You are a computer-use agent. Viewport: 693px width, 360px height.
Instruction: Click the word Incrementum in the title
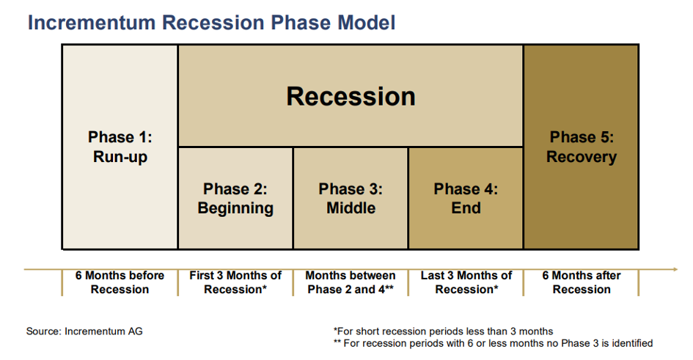click(x=92, y=23)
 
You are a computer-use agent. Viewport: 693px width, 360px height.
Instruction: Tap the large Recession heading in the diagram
click(x=351, y=96)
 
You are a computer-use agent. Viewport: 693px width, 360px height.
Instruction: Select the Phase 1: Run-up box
click(x=120, y=147)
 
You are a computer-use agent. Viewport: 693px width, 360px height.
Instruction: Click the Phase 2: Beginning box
click(x=235, y=199)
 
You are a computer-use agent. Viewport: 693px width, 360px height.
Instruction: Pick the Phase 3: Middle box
click(x=351, y=199)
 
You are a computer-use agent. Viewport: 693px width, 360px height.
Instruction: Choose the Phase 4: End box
click(x=466, y=199)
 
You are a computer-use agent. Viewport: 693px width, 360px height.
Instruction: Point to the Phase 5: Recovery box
click(x=582, y=147)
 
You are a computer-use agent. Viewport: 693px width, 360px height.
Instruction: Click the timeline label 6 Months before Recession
click(x=120, y=282)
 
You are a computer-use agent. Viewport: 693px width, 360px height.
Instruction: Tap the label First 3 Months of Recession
click(x=235, y=282)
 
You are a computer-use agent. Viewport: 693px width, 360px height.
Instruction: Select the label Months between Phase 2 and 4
click(x=351, y=282)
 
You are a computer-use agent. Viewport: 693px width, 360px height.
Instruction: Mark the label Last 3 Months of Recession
click(x=466, y=282)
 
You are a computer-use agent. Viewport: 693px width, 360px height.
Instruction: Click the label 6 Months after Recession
click(x=582, y=282)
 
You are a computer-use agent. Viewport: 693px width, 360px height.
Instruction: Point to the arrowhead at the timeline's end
click(x=675, y=269)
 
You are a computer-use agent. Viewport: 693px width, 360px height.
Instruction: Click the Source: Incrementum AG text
click(x=84, y=331)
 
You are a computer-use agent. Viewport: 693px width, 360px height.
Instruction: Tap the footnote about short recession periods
click(x=443, y=331)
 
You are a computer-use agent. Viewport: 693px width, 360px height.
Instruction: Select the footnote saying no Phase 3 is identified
click(x=494, y=343)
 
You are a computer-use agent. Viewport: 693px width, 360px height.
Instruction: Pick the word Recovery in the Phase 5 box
click(x=582, y=157)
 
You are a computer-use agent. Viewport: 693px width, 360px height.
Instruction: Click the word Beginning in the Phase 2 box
click(x=235, y=208)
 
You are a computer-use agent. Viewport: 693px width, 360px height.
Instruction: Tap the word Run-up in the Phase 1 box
click(x=120, y=157)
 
